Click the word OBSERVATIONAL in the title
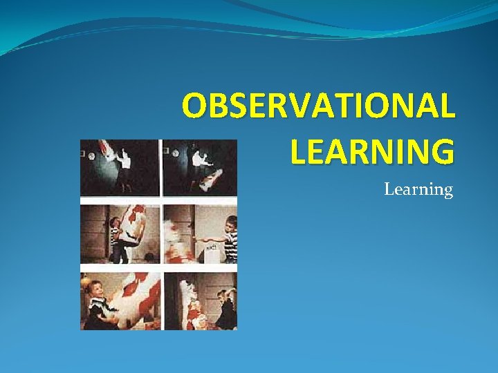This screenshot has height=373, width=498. [319, 106]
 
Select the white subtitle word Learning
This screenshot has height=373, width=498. [418, 189]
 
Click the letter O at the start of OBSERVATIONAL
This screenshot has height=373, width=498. [194, 106]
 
